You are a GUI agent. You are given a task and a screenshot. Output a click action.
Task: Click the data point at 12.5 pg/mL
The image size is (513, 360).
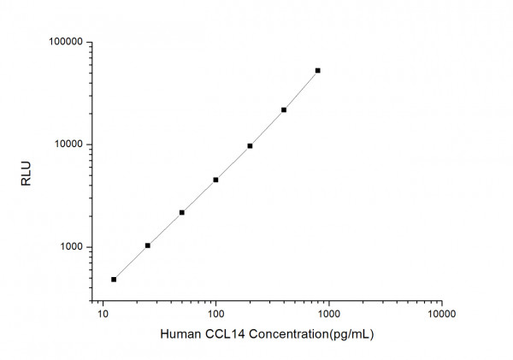(114, 280)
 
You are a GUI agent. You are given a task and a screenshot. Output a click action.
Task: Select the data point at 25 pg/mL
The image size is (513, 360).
(148, 245)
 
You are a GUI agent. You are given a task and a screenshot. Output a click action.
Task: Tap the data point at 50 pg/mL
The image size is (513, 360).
(182, 212)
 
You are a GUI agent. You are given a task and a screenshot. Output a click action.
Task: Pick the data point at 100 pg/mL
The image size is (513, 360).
(215, 180)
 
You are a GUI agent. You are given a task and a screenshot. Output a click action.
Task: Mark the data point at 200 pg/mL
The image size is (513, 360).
(250, 145)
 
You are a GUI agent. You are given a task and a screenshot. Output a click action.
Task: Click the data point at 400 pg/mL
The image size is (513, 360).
(284, 109)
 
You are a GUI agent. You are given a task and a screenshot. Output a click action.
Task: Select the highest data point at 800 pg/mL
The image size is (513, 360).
(318, 70)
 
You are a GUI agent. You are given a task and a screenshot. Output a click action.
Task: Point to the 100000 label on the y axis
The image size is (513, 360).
(63, 42)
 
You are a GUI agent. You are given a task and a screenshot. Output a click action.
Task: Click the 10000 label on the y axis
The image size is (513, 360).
(66, 145)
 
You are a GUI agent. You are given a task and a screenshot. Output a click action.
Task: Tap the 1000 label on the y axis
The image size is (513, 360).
(68, 247)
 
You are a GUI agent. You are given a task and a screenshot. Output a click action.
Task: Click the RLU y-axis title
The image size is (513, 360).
(25, 172)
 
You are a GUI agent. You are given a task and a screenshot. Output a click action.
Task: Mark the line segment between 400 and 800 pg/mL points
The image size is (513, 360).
(301, 91)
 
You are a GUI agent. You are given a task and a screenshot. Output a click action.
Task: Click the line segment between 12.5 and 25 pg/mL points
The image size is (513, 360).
(131, 263)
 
